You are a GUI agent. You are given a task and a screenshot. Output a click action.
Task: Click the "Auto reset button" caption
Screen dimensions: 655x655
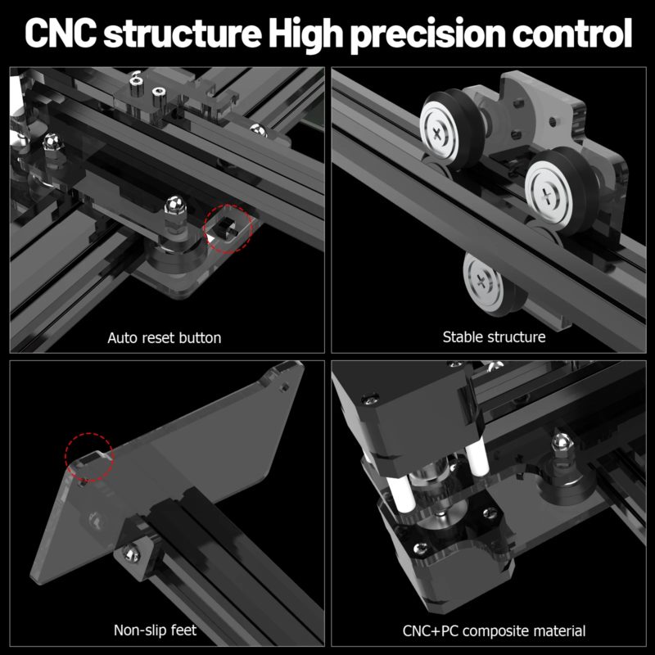coord(164,337)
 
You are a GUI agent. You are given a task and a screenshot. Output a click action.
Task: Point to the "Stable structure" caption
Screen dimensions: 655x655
coord(494,337)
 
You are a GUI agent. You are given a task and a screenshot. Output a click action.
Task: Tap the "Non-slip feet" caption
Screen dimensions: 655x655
coord(155,630)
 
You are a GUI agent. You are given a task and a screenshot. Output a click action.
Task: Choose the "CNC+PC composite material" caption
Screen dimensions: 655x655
coord(494,630)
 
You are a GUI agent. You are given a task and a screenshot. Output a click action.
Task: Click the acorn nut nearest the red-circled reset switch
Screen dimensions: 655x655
coord(173,206)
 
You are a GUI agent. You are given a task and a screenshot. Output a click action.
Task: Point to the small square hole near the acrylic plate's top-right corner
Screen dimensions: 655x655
coord(282,381)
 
